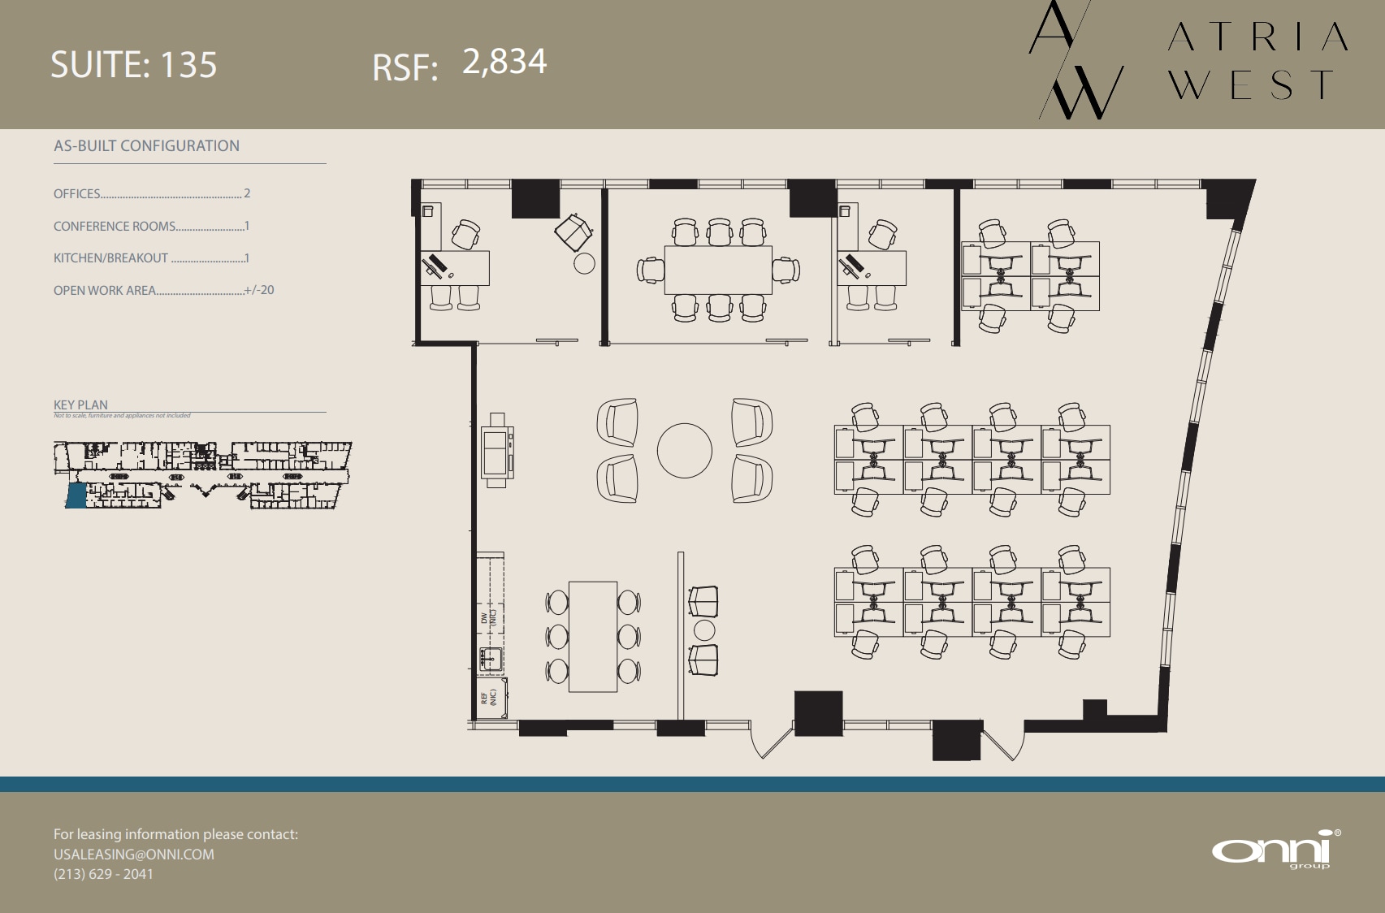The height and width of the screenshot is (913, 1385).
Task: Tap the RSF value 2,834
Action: click(504, 62)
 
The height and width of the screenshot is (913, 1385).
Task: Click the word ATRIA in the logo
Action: click(1257, 37)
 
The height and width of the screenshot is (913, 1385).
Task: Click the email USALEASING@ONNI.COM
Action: click(134, 855)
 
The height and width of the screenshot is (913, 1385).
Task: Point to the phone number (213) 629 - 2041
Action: click(103, 874)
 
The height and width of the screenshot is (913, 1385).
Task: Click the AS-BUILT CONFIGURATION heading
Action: click(146, 146)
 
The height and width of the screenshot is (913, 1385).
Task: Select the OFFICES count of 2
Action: click(247, 193)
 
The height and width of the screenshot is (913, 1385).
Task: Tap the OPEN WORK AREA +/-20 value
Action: click(259, 290)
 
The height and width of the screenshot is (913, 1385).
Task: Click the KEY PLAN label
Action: click(80, 405)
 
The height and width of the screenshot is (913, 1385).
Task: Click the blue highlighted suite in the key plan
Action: click(76, 495)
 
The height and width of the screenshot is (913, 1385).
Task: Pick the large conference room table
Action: click(718, 270)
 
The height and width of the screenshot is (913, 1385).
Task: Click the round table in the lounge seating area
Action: click(684, 451)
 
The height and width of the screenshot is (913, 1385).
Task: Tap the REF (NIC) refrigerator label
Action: click(488, 697)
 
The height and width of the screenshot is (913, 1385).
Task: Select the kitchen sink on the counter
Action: click(490, 659)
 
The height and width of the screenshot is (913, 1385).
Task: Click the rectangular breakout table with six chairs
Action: click(593, 636)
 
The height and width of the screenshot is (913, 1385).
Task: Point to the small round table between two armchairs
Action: click(704, 630)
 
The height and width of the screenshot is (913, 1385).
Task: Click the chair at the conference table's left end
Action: click(650, 270)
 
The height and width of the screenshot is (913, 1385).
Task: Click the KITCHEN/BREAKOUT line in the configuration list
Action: click(151, 258)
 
